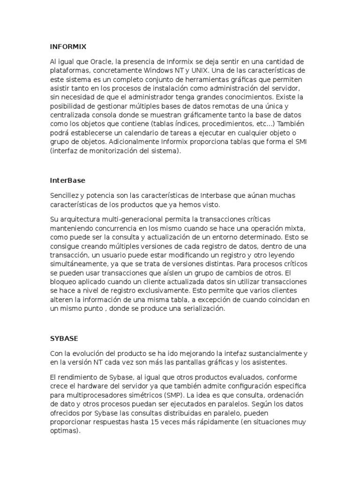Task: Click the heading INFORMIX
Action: pyautogui.click(x=68, y=46)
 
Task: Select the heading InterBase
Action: pyautogui.click(x=67, y=180)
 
